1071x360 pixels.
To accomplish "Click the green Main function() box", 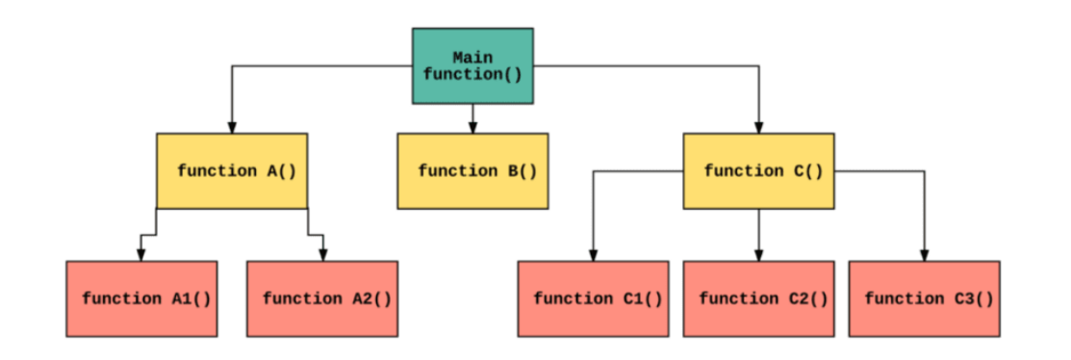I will (x=472, y=66).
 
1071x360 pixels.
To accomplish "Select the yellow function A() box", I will (x=232, y=171).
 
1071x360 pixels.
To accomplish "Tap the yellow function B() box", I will (x=472, y=171).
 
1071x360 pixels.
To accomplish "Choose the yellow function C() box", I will (x=759, y=171).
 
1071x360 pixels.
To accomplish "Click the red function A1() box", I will (x=141, y=298).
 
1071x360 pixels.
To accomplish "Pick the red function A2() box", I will (x=322, y=298).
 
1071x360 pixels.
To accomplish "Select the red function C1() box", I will (x=593, y=298).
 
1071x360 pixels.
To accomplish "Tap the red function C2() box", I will (x=759, y=298).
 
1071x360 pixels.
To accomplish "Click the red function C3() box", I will (x=924, y=298).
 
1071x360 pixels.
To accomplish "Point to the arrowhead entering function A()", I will (x=232, y=127).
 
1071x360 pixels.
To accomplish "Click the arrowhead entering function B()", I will (x=472, y=127).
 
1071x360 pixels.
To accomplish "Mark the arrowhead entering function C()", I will (x=759, y=127).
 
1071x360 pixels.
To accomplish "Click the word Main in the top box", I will (x=472, y=58).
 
